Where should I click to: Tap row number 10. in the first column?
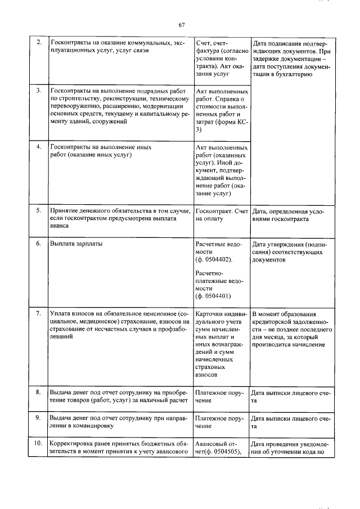pos(38,443)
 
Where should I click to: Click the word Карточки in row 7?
pos(210,314)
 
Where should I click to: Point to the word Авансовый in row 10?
pos(212,443)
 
